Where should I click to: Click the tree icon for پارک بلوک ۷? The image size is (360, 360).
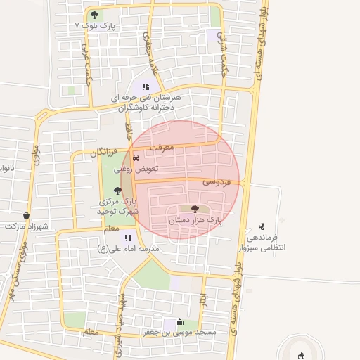[95, 15]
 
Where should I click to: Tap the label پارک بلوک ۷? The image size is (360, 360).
[96, 25]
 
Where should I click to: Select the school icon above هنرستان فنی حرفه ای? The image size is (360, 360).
[146, 86]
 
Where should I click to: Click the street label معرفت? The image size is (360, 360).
[168, 147]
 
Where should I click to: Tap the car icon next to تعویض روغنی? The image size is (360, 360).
[146, 158]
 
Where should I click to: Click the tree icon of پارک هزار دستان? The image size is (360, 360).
[195, 209]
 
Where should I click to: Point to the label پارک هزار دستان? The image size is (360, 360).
[195, 220]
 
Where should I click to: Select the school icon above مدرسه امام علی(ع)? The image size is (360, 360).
[128, 238]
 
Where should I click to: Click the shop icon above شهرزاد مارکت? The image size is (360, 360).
[27, 215]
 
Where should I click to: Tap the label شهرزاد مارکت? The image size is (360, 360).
[26, 226]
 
